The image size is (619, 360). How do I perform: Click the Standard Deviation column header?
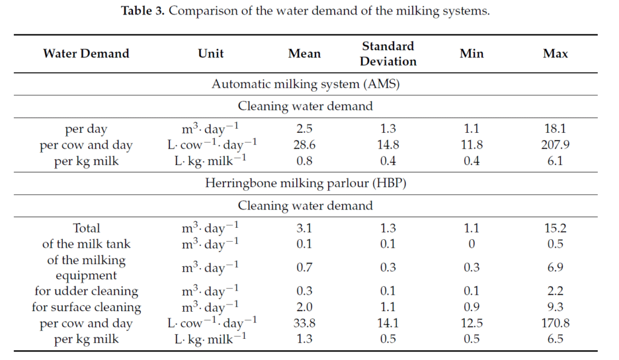point(389,54)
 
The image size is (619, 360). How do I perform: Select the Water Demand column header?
point(86,54)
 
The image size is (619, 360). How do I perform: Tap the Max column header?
point(555,54)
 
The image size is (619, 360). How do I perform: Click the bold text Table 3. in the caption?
point(143,11)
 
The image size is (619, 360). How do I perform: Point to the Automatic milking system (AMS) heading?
point(305,84)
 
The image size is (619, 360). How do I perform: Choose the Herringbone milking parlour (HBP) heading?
point(305,184)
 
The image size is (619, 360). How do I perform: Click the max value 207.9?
point(555,145)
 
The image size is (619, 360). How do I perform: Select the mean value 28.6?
point(305,145)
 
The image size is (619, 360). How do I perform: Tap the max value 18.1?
point(555,129)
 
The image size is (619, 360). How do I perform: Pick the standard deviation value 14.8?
point(389,145)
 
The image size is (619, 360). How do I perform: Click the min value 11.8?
point(472,145)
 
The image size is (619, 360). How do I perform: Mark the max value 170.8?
point(555,323)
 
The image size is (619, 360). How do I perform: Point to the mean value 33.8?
point(305,323)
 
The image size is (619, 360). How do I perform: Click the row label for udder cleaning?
point(86,291)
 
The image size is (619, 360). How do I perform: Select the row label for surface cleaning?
point(86,307)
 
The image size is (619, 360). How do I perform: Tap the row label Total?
point(86,228)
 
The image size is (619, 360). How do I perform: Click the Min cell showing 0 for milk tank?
point(472,244)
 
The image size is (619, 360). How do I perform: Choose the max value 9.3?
point(555,307)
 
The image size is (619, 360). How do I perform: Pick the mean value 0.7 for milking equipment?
point(305,268)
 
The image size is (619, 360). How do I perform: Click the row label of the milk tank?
point(86,244)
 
